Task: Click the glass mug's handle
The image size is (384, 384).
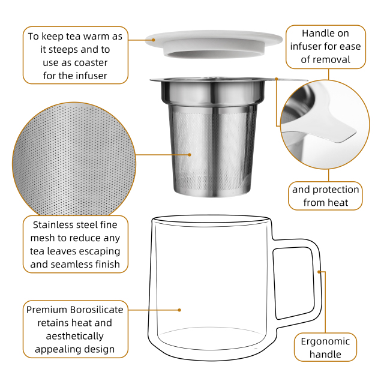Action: coord(296,279)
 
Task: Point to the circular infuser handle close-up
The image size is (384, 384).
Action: coord(325,124)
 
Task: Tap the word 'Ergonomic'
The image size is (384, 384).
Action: coord(325,341)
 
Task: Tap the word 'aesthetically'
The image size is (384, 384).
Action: coord(74,336)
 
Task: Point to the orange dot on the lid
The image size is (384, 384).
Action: coord(154,40)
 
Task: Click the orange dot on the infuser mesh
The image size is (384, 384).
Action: coord(190,155)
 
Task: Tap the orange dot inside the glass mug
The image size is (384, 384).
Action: coord(179,310)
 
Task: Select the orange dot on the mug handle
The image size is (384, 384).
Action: coord(319,272)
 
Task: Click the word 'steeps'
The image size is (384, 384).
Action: coord(63,50)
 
